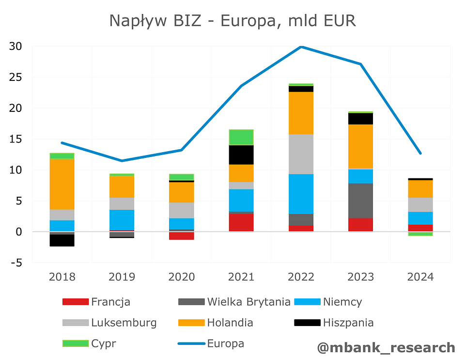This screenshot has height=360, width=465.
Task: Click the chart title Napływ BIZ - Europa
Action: point(232,21)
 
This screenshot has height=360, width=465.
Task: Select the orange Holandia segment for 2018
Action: point(62,184)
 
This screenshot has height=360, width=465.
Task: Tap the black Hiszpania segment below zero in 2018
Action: point(62,240)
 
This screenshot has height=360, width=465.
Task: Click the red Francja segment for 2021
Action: point(241,222)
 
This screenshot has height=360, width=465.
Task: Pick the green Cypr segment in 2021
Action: point(241,137)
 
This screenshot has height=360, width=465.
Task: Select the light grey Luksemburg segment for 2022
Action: point(301,154)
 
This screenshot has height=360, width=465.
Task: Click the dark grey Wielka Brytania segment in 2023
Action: point(361,201)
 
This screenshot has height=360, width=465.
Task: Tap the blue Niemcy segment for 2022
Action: point(301,194)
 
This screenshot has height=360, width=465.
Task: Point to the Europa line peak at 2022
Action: point(301,47)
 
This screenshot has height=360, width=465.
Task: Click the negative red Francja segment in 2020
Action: point(182,235)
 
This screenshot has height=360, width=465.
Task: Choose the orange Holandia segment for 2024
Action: point(420,188)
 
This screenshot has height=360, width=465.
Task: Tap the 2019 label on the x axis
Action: point(122,277)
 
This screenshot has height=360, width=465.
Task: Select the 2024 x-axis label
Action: point(420,277)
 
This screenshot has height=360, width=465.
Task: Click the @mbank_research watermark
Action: point(386,347)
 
